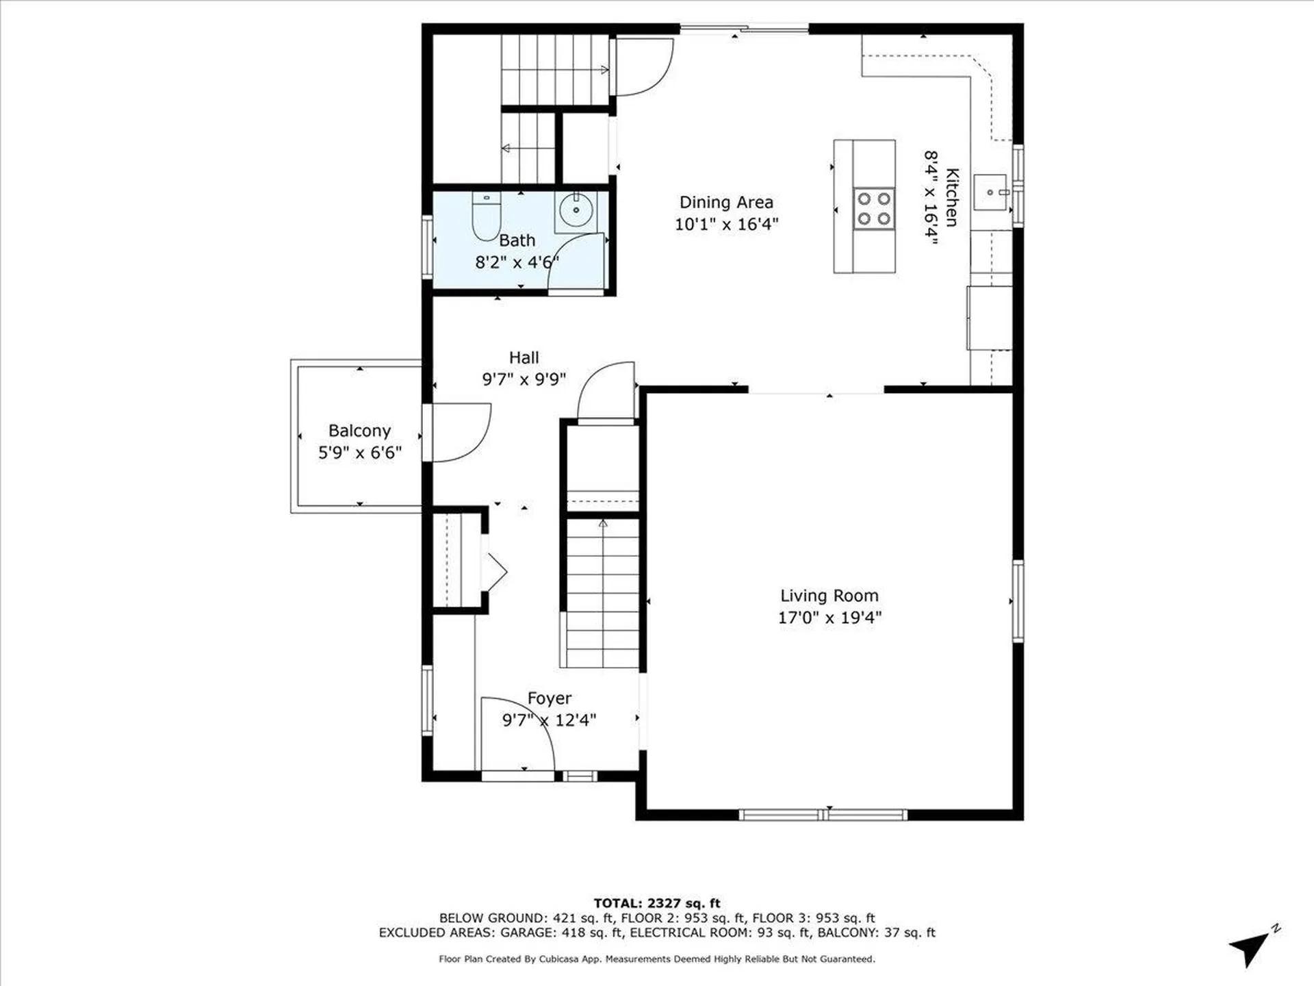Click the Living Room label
click(829, 596)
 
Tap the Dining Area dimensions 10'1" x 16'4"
click(726, 224)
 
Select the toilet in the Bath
click(486, 218)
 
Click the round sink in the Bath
click(575, 210)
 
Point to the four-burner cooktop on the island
click(874, 208)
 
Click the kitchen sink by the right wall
click(990, 192)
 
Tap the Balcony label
click(359, 431)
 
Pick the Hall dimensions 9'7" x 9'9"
click(524, 379)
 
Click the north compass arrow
click(1252, 948)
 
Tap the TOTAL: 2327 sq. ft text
click(656, 903)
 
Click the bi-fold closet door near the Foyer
click(494, 572)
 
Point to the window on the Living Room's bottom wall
click(823, 815)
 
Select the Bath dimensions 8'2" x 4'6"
click(517, 262)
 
